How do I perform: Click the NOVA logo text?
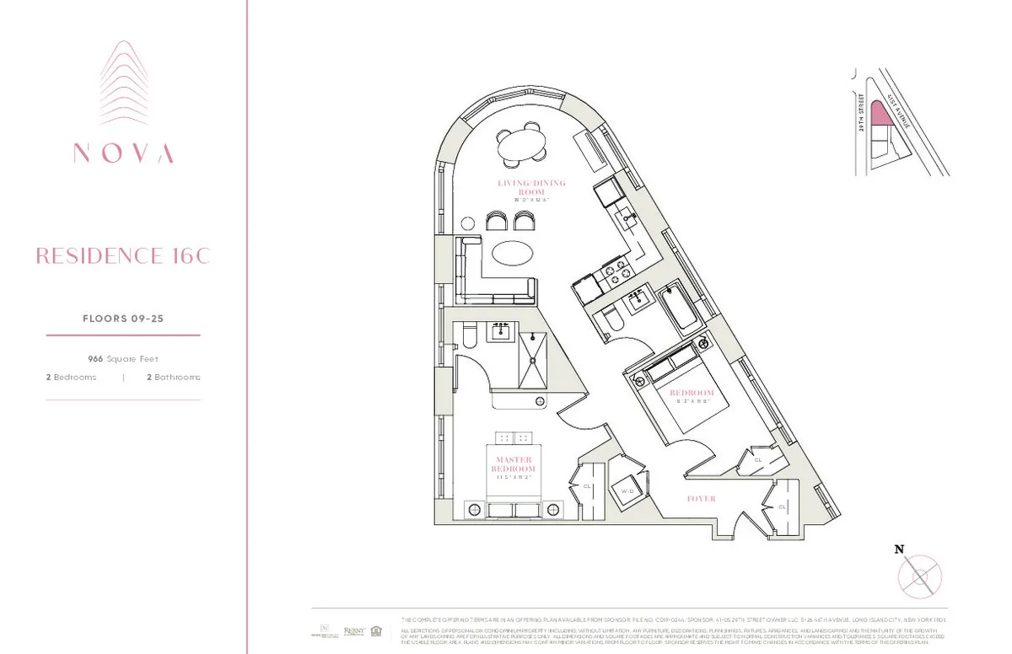coord(123,153)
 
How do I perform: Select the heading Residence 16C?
coord(123,256)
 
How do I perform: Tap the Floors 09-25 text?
coord(123,319)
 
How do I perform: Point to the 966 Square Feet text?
coord(123,358)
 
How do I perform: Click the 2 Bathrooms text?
coord(174,378)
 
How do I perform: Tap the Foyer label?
coord(701,499)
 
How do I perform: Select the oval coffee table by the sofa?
coord(512,253)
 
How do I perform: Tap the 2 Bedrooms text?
coord(72,378)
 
